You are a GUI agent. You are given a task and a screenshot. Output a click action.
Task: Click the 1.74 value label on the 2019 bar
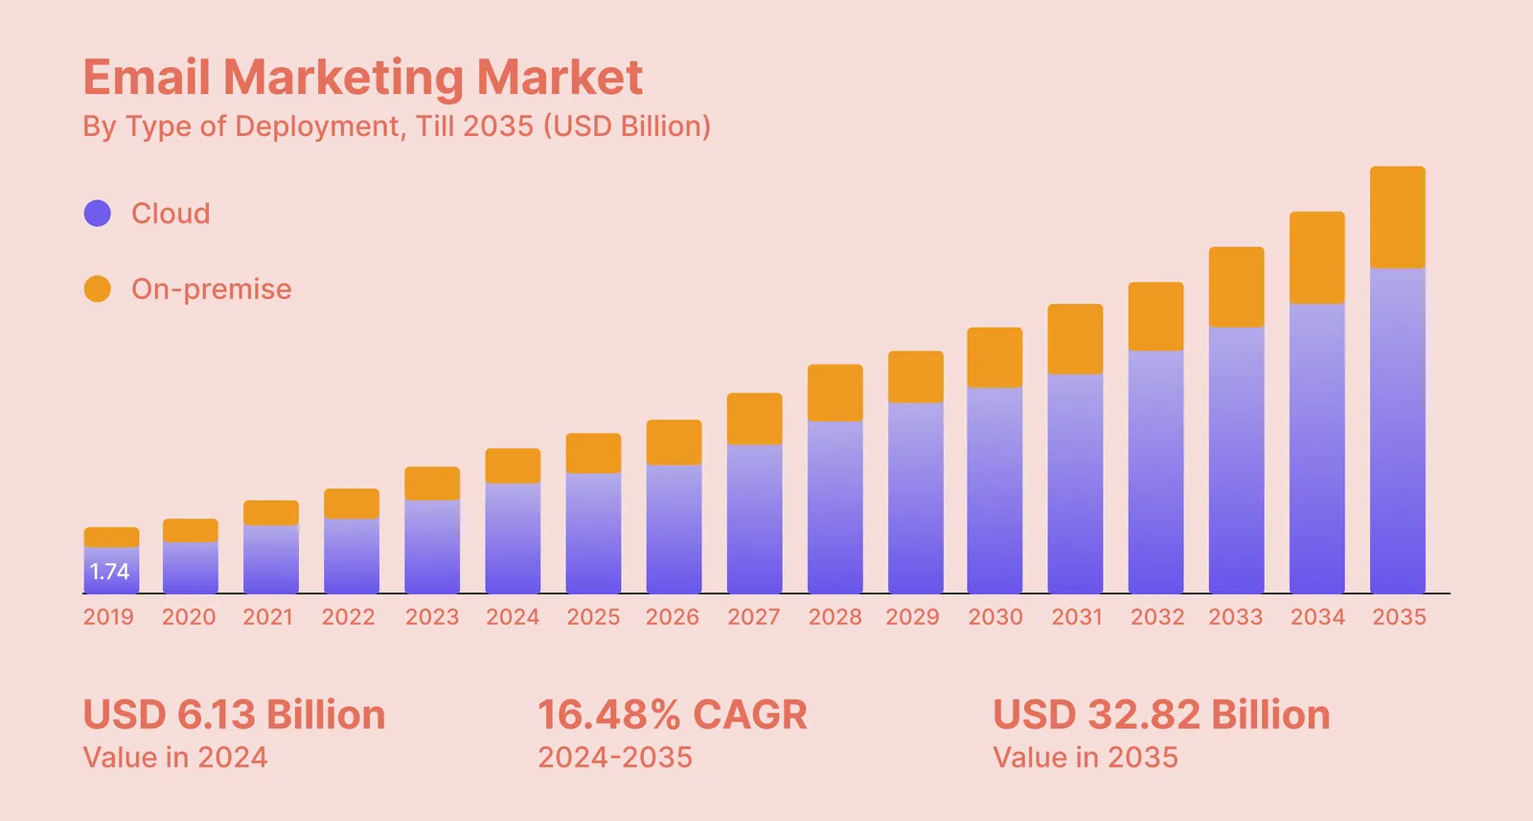(x=109, y=571)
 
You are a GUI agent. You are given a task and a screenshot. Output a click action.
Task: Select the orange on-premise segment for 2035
(x=1398, y=217)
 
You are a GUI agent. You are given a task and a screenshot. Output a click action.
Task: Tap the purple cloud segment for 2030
(x=995, y=490)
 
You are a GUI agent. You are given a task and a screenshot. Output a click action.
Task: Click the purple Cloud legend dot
(x=97, y=214)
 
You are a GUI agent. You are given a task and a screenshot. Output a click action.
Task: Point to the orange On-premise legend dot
(x=97, y=288)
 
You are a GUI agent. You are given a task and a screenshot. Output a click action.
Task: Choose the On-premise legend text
(x=212, y=289)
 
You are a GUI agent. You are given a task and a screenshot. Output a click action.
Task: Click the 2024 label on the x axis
(x=513, y=617)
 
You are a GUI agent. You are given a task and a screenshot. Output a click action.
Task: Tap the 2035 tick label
(x=1399, y=617)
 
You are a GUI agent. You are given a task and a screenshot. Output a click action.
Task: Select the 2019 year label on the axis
(x=108, y=617)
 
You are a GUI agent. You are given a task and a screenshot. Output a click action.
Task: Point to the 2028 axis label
(x=835, y=617)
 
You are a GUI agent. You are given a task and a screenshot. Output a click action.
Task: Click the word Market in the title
(x=560, y=77)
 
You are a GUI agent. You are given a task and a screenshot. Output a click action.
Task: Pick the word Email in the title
(x=147, y=77)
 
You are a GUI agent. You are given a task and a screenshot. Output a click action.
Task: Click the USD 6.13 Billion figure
(x=234, y=715)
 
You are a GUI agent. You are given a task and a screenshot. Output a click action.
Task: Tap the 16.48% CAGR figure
(x=672, y=715)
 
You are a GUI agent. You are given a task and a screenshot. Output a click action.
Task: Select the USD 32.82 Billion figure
(x=1161, y=715)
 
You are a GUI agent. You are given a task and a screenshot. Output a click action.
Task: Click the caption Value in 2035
(x=1086, y=758)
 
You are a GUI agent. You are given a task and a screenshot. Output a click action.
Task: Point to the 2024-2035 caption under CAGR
(x=615, y=758)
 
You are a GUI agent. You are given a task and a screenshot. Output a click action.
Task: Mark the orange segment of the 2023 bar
(x=432, y=483)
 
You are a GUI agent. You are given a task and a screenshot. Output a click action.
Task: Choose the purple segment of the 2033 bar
(x=1236, y=461)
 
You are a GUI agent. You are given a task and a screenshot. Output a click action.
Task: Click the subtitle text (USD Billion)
(x=628, y=126)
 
